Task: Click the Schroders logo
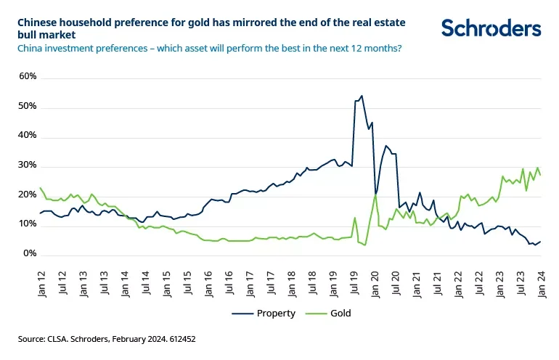click(x=491, y=28)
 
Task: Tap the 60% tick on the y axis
click(x=28, y=76)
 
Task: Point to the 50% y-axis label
click(x=28, y=106)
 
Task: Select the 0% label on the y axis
click(x=30, y=254)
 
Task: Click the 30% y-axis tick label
click(x=28, y=165)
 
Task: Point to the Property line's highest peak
click(x=362, y=95)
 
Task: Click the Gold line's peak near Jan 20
click(x=375, y=195)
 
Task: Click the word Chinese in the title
click(x=38, y=23)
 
